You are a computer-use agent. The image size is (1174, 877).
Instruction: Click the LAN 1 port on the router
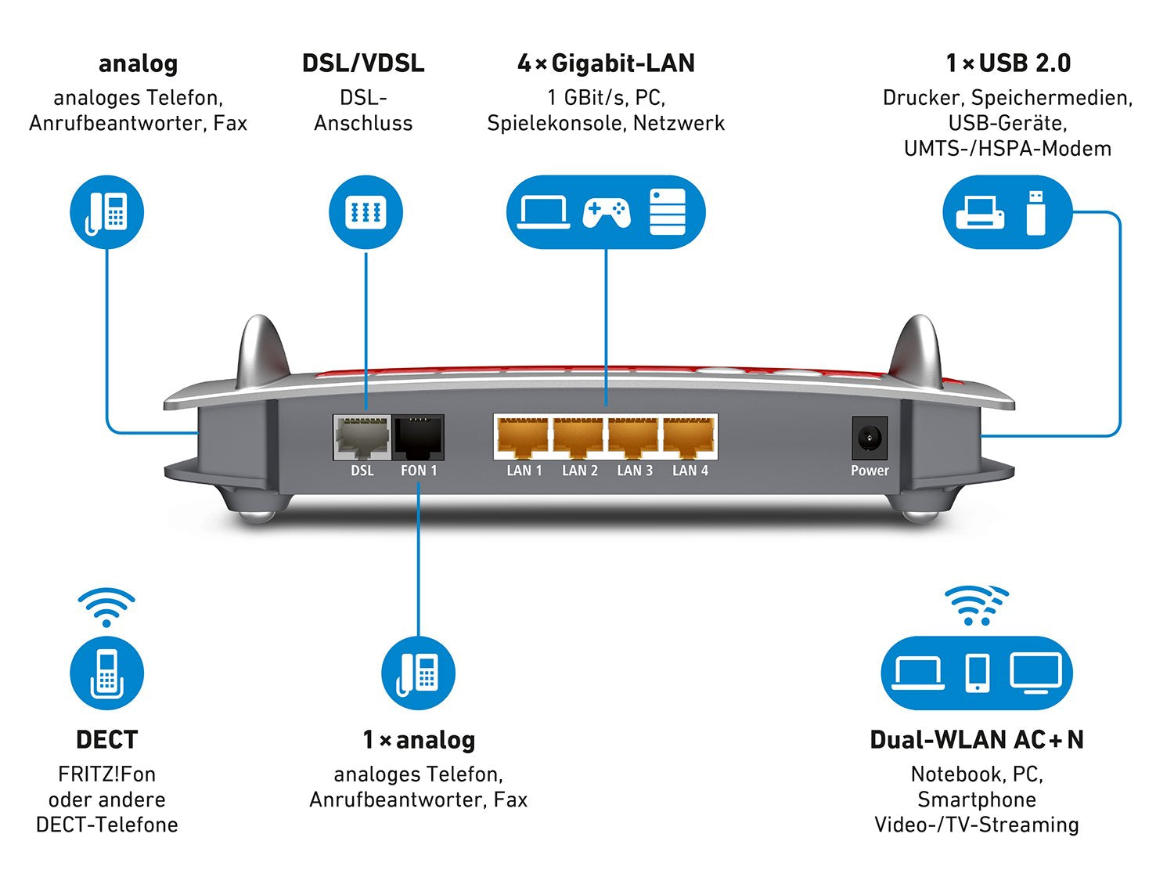(523, 438)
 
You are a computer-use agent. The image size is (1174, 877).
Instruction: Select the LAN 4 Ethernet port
(689, 438)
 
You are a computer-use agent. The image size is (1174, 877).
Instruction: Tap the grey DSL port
(362, 437)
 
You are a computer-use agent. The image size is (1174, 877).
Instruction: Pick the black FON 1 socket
(419, 437)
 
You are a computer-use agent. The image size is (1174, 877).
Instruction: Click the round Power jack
(870, 438)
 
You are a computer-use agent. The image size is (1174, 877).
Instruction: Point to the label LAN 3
(635, 471)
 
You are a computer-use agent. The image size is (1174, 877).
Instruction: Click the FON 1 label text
(419, 471)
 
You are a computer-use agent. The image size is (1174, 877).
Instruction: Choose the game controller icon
(606, 212)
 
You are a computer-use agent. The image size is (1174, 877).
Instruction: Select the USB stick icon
(1035, 212)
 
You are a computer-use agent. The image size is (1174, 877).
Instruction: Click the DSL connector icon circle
(366, 212)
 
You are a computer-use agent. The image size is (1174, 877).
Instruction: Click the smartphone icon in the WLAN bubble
(978, 673)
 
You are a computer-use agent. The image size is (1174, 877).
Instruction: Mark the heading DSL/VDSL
(363, 63)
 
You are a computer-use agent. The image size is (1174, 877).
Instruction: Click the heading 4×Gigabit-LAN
(606, 63)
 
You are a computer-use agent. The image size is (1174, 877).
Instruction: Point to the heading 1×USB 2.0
(1008, 63)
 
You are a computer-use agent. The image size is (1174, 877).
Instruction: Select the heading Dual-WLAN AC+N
(977, 740)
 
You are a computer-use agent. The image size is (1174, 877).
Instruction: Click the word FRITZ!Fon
(107, 774)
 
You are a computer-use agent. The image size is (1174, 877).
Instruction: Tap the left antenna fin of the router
(263, 348)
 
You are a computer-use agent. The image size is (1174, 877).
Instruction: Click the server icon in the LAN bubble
(668, 211)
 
